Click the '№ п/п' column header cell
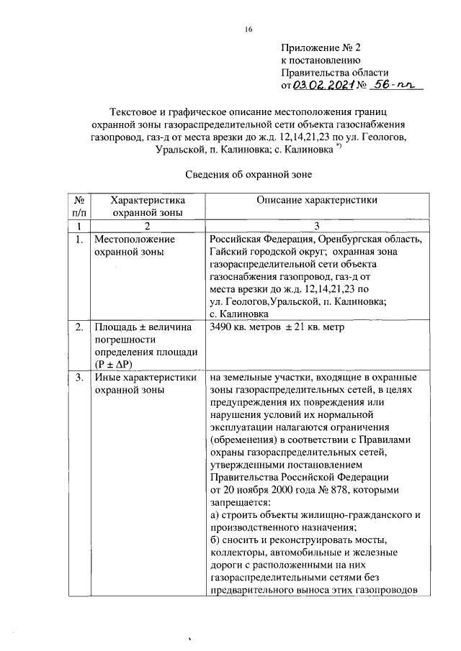(x=77, y=206)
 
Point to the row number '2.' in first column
(x=77, y=328)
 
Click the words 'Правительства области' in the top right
(x=335, y=73)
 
